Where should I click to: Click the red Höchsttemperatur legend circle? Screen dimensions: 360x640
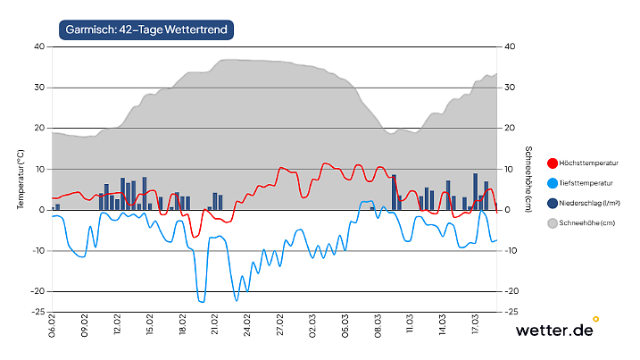[552, 163]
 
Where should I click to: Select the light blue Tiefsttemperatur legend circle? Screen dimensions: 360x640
[552, 182]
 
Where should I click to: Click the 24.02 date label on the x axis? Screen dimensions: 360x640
[247, 325]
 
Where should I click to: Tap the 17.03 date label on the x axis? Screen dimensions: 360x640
[475, 325]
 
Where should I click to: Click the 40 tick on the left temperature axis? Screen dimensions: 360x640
[39, 46]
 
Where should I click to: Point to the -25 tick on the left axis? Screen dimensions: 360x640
[37, 312]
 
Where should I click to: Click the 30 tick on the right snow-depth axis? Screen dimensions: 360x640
[511, 88]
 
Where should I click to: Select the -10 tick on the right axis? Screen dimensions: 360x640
[513, 251]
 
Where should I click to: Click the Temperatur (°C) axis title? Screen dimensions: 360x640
[20, 178]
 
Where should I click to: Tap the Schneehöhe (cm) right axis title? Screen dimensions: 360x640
[528, 178]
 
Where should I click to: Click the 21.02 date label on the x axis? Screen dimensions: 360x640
[214, 325]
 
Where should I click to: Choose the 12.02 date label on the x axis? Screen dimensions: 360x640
[117, 325]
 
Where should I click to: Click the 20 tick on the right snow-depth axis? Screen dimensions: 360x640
[511, 129]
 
